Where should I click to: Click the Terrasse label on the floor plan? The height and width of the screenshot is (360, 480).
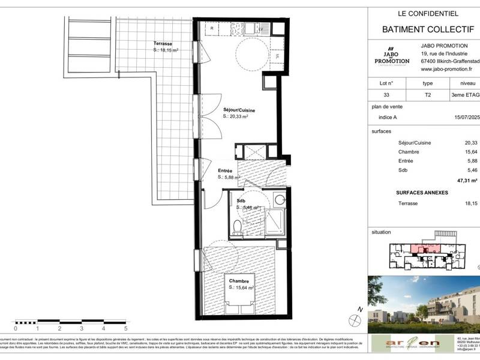pos(163,44)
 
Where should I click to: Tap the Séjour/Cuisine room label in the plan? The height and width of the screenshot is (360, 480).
pos(240,110)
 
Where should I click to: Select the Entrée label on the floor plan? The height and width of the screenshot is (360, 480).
pos(225,171)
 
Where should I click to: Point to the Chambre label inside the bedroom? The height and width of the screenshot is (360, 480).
pos(238,280)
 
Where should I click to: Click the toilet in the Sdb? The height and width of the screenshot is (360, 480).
pos(239,227)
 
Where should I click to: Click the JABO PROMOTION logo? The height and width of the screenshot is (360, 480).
pos(388,58)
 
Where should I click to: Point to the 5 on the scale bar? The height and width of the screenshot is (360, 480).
pos(126,329)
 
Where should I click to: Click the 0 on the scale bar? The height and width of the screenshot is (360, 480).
pos(16,329)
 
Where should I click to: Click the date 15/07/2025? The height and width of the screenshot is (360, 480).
pos(466,118)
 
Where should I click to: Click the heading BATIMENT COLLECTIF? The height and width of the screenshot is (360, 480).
pos(424,29)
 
